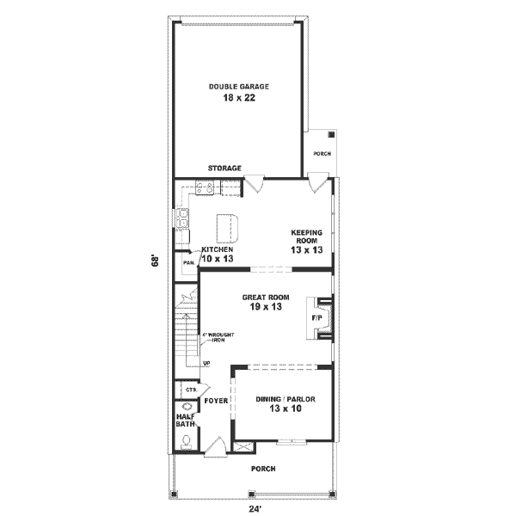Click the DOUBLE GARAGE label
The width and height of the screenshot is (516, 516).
239,87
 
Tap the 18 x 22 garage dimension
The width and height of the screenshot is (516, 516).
239,99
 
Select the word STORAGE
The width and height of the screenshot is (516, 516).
224,169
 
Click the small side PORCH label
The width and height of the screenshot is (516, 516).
322,154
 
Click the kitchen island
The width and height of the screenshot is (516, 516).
227,228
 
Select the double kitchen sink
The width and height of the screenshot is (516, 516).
183,219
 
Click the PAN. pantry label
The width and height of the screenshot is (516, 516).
187,263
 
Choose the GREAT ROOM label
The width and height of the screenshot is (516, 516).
266,298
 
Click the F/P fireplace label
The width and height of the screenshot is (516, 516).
316,317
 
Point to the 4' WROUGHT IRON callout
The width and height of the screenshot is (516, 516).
218,337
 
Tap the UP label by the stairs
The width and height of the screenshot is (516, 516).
206,364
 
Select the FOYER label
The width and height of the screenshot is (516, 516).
214,401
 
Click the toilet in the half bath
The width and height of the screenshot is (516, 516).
186,442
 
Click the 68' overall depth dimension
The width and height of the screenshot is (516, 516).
155,260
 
